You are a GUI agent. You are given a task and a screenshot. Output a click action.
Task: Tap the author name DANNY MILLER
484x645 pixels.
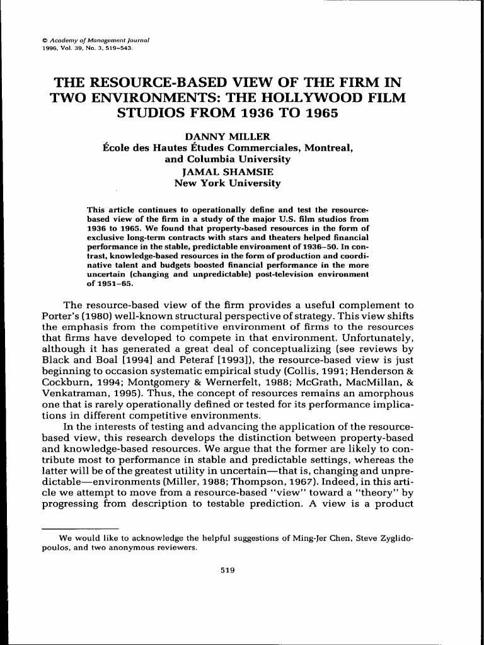228,136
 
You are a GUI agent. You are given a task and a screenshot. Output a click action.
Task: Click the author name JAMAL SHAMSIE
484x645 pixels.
228,171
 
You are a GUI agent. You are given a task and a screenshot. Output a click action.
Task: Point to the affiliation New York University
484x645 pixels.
228,183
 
